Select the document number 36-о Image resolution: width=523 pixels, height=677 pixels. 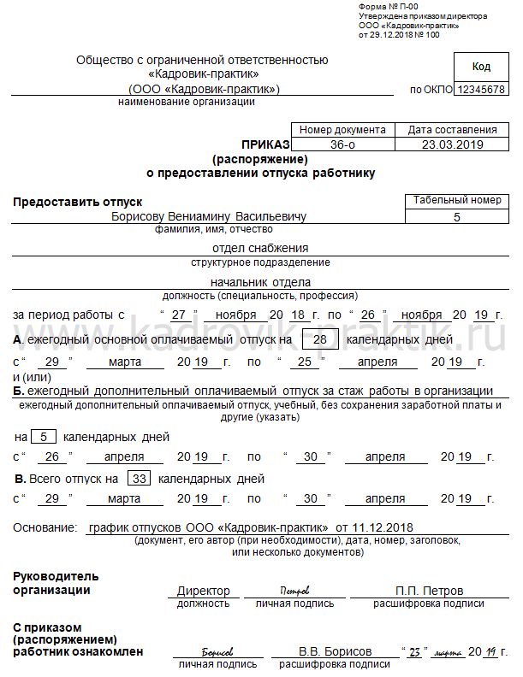point(342,144)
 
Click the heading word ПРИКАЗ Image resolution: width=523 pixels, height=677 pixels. point(267,145)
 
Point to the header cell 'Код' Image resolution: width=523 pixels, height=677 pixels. point(481,67)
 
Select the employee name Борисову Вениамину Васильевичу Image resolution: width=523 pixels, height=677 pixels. point(209,216)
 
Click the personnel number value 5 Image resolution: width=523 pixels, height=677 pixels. point(456,217)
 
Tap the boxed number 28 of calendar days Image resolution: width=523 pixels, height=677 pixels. point(322,340)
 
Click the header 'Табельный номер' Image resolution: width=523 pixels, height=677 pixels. point(457,200)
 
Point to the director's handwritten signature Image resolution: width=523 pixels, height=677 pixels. point(294,591)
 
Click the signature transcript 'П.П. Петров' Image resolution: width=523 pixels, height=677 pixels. point(429,591)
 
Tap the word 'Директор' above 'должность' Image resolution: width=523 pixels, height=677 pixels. point(204,591)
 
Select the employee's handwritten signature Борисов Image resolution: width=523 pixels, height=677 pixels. point(217,651)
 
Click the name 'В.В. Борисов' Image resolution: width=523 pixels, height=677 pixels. point(335,651)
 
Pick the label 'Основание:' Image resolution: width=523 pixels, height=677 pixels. point(45,528)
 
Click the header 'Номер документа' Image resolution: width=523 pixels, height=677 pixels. point(342,130)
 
